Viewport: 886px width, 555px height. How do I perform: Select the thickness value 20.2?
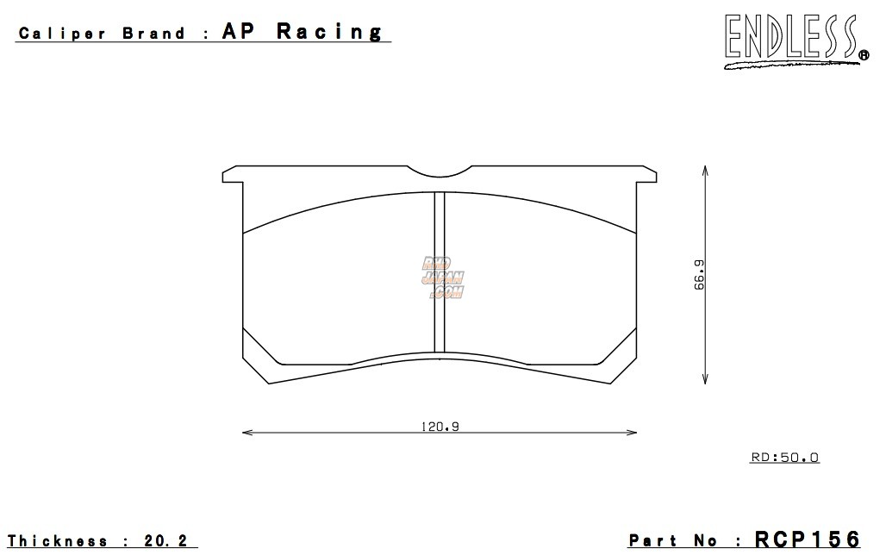point(168,541)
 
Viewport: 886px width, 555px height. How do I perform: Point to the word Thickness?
point(59,541)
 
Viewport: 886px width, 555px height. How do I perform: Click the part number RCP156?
point(807,539)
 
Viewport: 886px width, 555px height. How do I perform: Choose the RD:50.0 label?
point(784,458)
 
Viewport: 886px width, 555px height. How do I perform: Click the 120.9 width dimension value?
point(439,426)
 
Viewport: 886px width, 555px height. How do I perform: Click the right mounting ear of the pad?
point(646,176)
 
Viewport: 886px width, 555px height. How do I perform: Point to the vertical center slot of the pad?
point(439,271)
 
